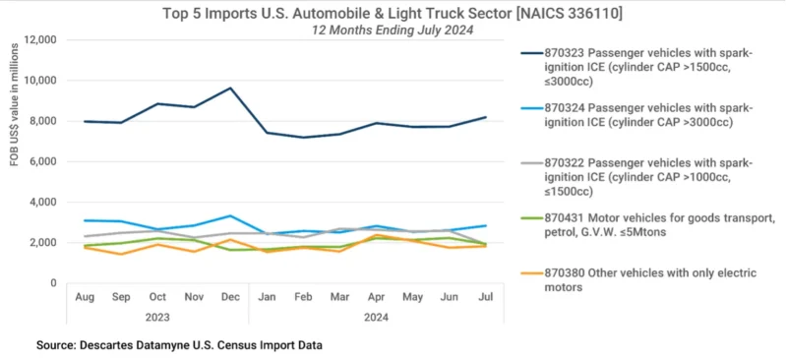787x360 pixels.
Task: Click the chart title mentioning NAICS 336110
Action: tap(393, 13)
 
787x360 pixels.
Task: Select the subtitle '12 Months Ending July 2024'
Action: tap(393, 30)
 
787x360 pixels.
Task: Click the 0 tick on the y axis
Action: tap(55, 283)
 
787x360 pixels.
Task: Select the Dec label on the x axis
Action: tap(231, 296)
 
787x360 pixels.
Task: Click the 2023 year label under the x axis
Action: tap(157, 316)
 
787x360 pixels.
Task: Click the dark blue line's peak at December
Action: tap(231, 88)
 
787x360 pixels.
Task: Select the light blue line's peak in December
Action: tap(231, 215)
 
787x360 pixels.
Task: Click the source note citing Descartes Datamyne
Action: tap(179, 345)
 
